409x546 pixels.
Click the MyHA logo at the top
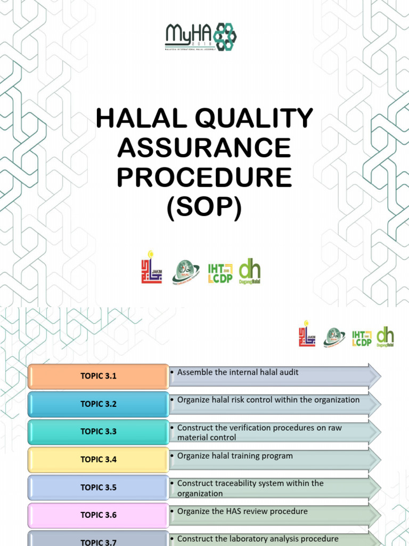201,37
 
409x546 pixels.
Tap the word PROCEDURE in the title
204,178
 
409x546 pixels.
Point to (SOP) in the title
204,207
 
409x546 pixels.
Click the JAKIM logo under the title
151,267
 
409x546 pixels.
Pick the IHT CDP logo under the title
220,272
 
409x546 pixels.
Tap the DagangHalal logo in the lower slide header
386,337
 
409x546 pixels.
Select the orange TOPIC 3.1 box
98,376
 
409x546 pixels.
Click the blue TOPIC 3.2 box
98,404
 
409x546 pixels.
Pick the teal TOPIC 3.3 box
98,431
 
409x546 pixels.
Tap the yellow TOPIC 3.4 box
98,459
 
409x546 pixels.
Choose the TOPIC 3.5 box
98,487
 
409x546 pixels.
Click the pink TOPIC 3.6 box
98,515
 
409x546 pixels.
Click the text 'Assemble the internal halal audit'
238,372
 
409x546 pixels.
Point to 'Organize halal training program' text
235,456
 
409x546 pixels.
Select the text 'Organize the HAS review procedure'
242,511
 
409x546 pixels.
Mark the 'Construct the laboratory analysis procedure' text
258,539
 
